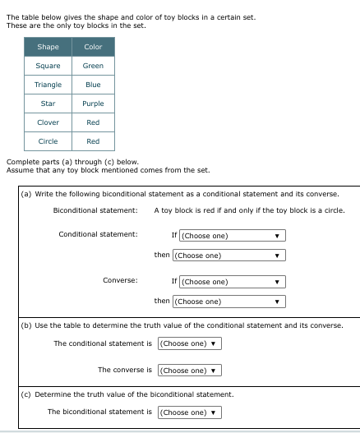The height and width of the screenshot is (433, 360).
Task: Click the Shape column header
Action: pos(48,47)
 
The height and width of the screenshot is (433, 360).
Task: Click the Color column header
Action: pos(93,47)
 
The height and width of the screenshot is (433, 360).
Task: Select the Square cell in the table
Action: pos(48,66)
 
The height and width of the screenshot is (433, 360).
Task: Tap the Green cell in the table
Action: pos(93,66)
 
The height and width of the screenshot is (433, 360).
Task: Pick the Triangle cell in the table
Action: pos(48,85)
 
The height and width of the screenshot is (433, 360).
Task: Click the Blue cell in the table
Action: pos(93,85)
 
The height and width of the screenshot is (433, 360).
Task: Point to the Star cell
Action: pos(48,104)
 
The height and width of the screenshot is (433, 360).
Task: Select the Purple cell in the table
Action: pos(93,104)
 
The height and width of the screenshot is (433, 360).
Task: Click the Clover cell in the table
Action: pos(48,122)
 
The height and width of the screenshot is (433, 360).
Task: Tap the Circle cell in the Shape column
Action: pos(48,141)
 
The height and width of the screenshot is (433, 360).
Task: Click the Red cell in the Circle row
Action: pos(93,141)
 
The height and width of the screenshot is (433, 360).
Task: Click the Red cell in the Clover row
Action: pos(93,122)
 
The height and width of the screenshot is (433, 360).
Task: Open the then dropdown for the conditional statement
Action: pos(229,256)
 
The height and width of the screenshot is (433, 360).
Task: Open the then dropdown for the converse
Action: pos(229,302)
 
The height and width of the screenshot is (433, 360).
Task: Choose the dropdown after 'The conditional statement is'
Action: pos(188,343)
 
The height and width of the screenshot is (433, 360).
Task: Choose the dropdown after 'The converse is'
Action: pos(188,371)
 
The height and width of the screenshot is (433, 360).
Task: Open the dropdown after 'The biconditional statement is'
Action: pos(188,412)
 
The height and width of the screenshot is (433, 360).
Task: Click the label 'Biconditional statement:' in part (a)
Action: pos(95,210)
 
